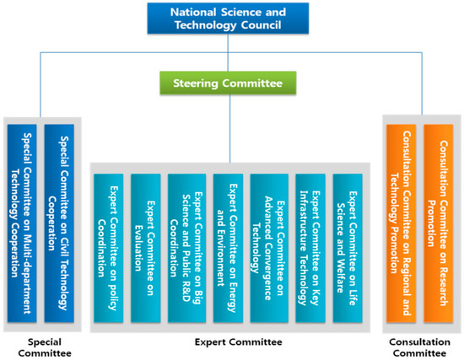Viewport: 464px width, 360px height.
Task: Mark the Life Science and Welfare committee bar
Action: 348,248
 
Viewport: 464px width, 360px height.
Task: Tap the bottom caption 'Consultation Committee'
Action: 418,347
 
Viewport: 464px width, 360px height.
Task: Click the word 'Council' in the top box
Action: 262,28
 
